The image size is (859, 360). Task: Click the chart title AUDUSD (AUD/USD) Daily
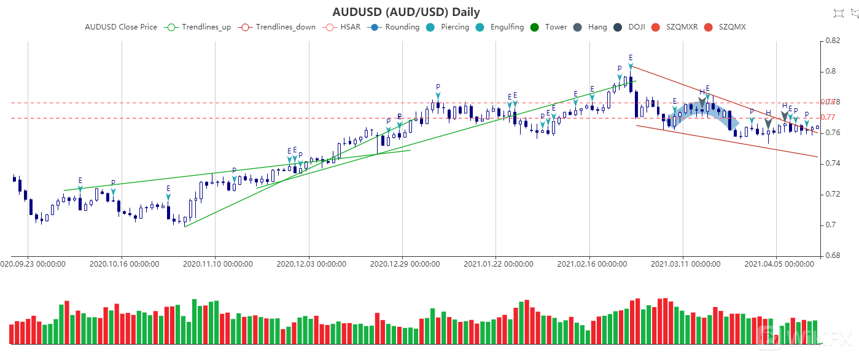tap(406, 12)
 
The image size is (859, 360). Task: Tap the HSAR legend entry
tap(343, 27)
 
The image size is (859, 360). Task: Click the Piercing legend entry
tap(447, 27)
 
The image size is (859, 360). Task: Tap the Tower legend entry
tap(548, 27)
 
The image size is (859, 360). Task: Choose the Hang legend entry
tap(589, 27)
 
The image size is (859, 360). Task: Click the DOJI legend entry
tap(629, 27)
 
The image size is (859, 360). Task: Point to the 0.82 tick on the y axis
tap(833, 41)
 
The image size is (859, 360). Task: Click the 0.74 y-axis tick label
tap(833, 163)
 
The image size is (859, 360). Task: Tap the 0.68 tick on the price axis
tap(833, 256)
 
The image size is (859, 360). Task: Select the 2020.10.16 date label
tap(125, 264)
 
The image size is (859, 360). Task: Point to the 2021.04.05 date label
tap(779, 264)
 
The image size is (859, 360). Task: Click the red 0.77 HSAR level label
tap(828, 117)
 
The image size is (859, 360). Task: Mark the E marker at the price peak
tap(631, 58)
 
